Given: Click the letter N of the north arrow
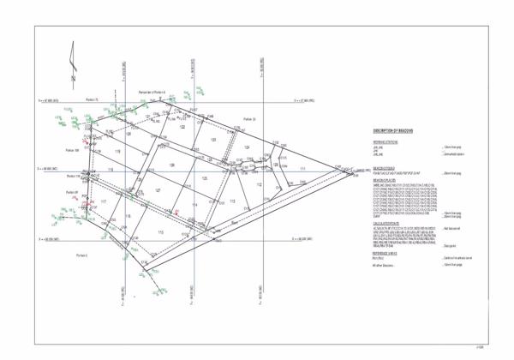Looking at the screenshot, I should [x=75, y=80].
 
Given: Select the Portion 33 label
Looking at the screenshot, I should [x=249, y=119].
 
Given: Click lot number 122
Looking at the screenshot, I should [x=182, y=126].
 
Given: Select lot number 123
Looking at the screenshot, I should [x=213, y=139].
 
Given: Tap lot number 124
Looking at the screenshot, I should [x=246, y=148].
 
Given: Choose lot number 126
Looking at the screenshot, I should [x=171, y=165].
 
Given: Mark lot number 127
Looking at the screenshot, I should [x=158, y=190].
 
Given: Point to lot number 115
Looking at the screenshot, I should [x=161, y=232].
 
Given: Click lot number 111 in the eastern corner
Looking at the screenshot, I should [x=302, y=170].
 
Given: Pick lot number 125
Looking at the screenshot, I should [x=205, y=177].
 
